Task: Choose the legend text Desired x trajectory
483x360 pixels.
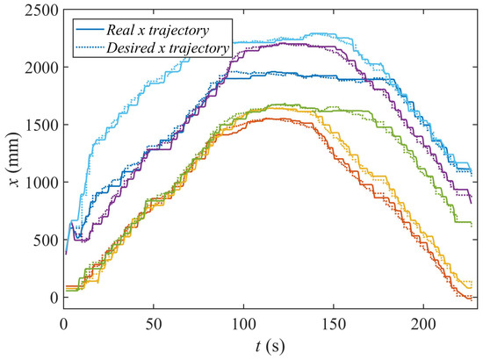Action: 164,47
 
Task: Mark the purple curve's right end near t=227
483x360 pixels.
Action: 471,203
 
